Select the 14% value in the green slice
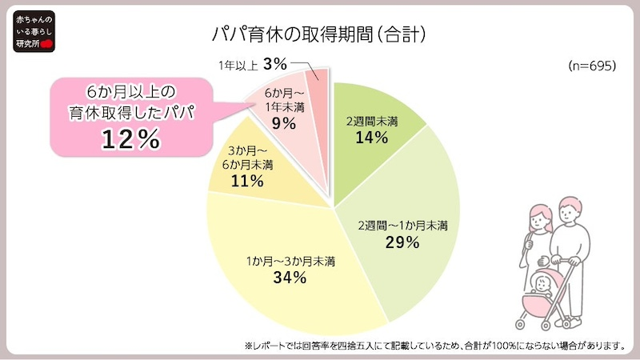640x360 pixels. tap(372, 138)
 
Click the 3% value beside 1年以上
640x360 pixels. tap(274, 62)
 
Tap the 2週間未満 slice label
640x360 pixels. tap(372, 121)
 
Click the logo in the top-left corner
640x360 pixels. tap(29, 31)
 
